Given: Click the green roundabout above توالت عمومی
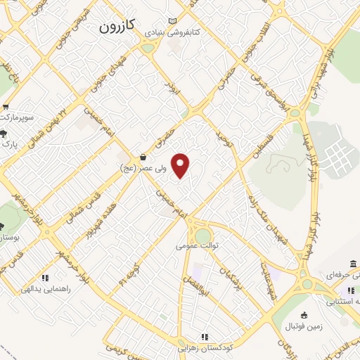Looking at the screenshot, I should [x=203, y=235].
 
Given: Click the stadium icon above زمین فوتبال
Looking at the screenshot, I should [x=304, y=314].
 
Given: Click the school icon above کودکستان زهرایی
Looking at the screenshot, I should [x=205, y=337].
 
